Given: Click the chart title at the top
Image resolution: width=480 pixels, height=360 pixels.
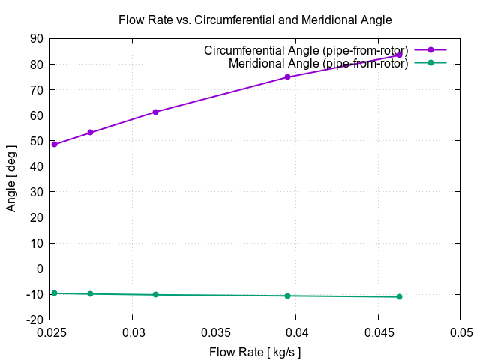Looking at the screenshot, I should click(255, 19).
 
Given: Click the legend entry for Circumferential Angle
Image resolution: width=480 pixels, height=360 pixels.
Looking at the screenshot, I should click(306, 50).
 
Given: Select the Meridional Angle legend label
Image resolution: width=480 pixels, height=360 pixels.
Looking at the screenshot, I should click(318, 63).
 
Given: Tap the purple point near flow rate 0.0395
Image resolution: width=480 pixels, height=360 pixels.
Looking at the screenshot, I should click(287, 77).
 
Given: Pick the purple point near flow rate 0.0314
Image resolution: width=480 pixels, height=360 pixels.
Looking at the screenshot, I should click(155, 112).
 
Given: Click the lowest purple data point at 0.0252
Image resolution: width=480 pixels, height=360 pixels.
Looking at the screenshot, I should click(54, 144).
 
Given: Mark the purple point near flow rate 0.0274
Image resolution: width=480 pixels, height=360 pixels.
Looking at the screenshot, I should click(90, 133).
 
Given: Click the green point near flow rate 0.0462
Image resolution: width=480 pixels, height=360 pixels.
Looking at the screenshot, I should click(399, 296).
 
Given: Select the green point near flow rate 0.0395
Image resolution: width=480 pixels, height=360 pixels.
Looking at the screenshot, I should click(287, 295).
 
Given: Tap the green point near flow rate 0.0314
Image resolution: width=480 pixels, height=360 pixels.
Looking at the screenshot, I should click(155, 294).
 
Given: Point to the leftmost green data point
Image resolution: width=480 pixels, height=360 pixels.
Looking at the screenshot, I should click(54, 292).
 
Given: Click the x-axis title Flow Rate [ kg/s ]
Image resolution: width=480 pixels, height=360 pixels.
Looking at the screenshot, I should click(255, 351).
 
